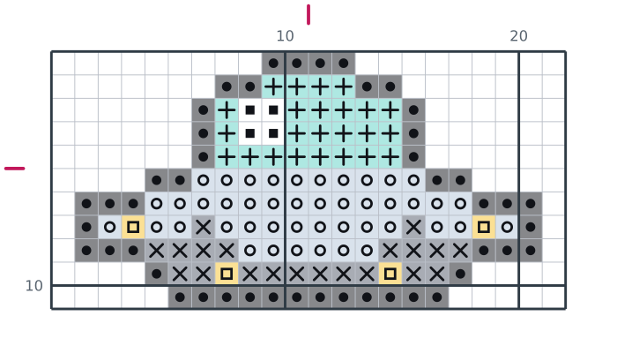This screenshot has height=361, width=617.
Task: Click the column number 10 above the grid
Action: click(285, 36)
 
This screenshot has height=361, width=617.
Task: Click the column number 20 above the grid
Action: click(518, 36)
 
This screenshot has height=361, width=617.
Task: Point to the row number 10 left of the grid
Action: click(33, 286)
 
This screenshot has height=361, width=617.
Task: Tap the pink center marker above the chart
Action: click(308, 15)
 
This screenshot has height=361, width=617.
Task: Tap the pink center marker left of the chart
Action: click(15, 169)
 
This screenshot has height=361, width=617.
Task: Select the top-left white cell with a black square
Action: click(249, 110)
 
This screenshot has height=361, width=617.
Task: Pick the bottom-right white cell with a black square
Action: click(273, 133)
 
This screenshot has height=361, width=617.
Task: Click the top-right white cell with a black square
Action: click(273, 110)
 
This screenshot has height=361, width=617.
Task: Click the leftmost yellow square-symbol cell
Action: click(133, 227)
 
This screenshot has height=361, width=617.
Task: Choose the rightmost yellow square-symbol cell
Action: click(484, 227)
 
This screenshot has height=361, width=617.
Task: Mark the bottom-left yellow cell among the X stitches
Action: click(227, 274)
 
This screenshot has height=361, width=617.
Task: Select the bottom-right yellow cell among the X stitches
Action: click(390, 274)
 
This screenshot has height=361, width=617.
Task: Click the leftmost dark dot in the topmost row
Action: click(273, 63)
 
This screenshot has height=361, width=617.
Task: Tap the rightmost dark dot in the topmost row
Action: click(344, 63)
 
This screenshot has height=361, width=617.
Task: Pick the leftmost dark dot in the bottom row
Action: click(180, 297)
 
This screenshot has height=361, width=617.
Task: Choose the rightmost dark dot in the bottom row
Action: click(437, 297)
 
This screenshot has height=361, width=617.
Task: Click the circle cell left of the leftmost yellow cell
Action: click(110, 227)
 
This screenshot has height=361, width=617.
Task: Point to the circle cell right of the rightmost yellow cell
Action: click(507, 227)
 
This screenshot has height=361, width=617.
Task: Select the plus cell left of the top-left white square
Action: click(227, 110)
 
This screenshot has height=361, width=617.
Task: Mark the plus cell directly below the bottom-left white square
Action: click(249, 157)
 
